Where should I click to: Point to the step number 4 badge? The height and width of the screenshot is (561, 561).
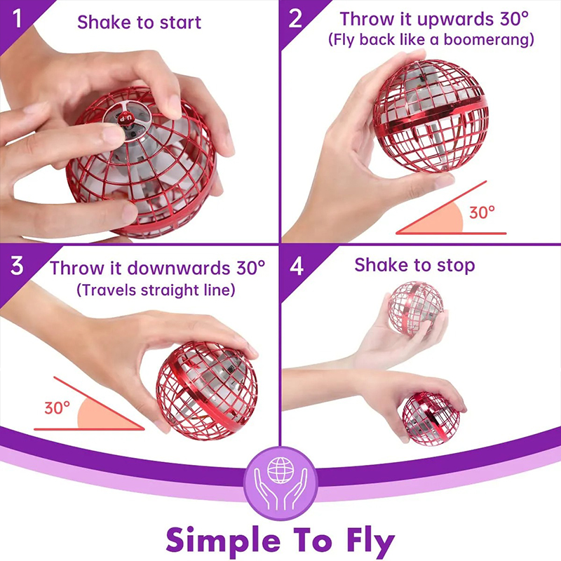pos(297,266)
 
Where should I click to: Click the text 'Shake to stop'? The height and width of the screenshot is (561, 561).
pos(414,265)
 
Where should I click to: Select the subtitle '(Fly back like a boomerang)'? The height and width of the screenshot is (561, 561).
pos(431,40)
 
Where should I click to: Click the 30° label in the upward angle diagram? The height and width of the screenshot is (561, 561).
pos(482,212)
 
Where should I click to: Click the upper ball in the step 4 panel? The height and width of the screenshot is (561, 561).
pos(417,309)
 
